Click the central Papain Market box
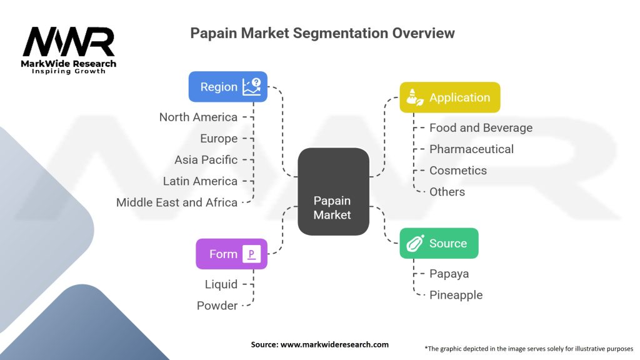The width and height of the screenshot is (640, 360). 332,191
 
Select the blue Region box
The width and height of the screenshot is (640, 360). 228,87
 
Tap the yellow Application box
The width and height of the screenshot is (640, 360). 450,97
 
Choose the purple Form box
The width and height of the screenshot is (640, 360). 231,254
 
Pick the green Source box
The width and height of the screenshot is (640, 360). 439,243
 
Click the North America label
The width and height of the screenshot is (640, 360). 198,117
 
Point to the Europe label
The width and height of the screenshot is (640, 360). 219,138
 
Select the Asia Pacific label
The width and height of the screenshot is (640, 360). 206,159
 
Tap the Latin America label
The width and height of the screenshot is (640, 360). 200,181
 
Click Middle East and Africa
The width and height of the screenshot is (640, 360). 177,202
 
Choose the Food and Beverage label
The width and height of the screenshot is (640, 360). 481,127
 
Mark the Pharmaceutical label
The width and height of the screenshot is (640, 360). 471,149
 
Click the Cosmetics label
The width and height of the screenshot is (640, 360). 458,170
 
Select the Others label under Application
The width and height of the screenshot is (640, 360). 447,191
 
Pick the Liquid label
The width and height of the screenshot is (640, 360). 221,284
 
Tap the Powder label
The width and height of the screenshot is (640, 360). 217,305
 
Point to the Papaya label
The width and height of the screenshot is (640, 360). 449,273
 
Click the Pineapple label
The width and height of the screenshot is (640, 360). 456,294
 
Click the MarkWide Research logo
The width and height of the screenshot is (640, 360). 69,50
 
